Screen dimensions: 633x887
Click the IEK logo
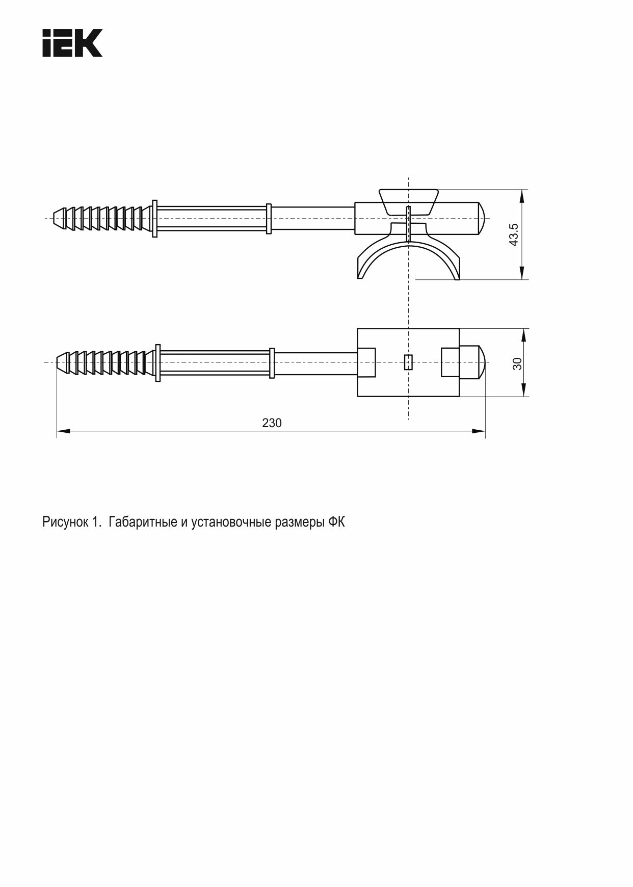coord(72,43)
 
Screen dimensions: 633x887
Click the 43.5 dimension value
coord(514,234)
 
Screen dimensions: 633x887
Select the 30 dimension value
coord(517,363)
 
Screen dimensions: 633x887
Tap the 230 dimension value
coord(272,423)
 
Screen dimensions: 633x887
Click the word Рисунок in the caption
coord(65,523)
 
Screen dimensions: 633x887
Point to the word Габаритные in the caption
coord(142,522)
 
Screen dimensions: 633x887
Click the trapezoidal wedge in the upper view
coord(408,202)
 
